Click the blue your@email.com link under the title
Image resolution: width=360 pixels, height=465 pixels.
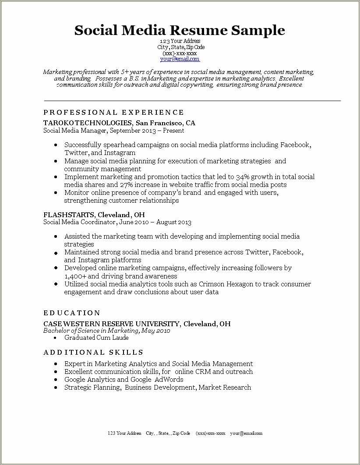180,59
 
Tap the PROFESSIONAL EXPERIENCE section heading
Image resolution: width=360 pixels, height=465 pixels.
114,113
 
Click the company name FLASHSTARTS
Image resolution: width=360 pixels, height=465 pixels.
69,215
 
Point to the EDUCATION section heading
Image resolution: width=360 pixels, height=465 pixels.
72,313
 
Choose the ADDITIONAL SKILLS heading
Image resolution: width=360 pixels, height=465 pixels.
93,352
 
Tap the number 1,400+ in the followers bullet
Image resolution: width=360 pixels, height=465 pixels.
75,276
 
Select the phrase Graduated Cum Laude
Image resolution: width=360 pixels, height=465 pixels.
96,338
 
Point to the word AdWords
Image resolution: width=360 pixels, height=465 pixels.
169,380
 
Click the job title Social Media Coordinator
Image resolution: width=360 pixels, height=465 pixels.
79,222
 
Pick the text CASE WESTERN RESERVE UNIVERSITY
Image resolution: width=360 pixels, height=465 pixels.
111,324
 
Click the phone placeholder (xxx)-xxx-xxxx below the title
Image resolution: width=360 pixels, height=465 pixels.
180,53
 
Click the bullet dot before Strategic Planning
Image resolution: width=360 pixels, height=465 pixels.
56,388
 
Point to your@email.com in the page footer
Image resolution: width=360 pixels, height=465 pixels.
246,433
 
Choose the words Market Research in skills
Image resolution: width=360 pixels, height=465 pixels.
225,387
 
